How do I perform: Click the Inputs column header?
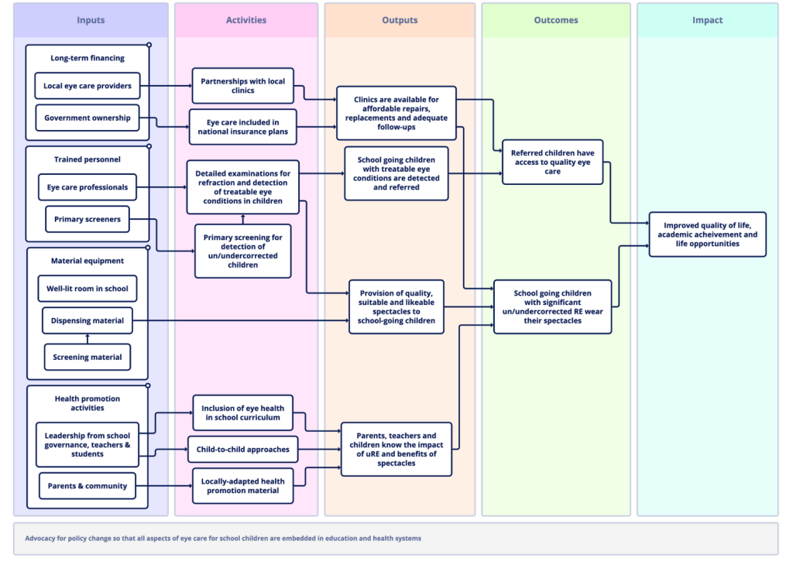91,20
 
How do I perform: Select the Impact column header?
707,20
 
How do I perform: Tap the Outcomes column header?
556,20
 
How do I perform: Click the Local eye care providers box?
88,86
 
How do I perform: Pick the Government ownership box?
88,118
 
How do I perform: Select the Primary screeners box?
88,219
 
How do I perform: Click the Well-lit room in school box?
88,289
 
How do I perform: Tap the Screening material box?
88,358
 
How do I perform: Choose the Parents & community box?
88,486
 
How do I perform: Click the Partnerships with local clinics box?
242,86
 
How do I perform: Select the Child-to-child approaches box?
242,450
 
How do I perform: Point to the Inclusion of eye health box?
242,413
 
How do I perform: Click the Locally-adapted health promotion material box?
242,486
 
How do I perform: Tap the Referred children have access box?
553,163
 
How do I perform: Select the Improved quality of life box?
708,234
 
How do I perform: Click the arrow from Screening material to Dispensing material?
88,339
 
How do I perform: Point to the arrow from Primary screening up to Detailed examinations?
242,219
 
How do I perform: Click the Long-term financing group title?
88,58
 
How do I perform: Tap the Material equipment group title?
88,261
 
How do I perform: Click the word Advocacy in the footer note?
40,539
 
